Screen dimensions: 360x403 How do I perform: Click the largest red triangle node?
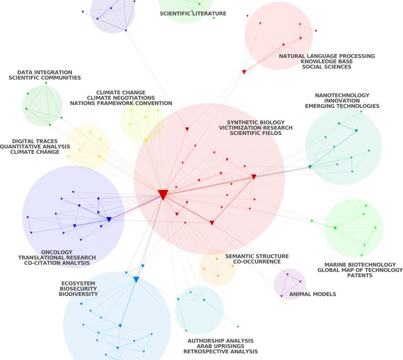pos(163,195)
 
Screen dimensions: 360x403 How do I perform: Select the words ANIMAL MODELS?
pos(313,294)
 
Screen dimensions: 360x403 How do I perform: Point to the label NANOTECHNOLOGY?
pos(342,96)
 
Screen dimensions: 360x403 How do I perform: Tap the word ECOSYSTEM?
pos(78,283)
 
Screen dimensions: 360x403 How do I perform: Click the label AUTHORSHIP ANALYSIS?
pos(220,340)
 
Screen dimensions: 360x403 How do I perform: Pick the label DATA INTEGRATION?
pos(45,72)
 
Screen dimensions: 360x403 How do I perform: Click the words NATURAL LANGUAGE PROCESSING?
pos(327,56)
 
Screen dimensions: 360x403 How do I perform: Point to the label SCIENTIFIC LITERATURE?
pos(193,14)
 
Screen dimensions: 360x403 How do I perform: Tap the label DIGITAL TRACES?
pos(35,141)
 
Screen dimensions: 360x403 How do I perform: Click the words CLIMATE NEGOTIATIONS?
pos(121,98)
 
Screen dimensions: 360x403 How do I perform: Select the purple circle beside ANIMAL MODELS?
pos(290,284)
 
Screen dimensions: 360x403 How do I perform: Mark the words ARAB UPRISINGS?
pos(220,346)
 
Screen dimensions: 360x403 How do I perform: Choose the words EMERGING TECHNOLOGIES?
pos(342,106)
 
